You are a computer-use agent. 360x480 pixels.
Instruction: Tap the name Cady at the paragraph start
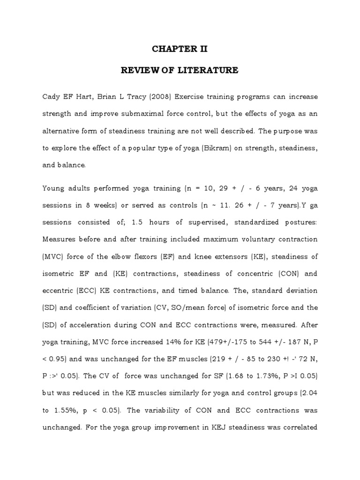pyautogui.click(x=52, y=97)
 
